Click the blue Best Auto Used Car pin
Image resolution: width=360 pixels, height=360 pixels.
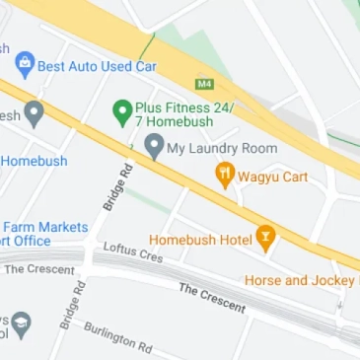point(26,65)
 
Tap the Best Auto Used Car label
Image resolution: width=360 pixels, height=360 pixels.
point(97,66)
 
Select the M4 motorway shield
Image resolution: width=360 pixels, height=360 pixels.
point(205,83)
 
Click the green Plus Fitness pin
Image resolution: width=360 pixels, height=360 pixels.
point(122,111)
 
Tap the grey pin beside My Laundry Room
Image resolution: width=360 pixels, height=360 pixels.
point(153,146)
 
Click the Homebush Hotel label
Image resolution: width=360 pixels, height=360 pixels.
point(200,239)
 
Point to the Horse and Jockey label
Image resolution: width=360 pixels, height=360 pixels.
point(299,280)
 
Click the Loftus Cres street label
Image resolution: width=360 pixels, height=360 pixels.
point(133,253)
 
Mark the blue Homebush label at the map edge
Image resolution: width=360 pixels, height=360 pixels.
point(35,161)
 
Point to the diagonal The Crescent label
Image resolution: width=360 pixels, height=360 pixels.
point(211,297)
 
